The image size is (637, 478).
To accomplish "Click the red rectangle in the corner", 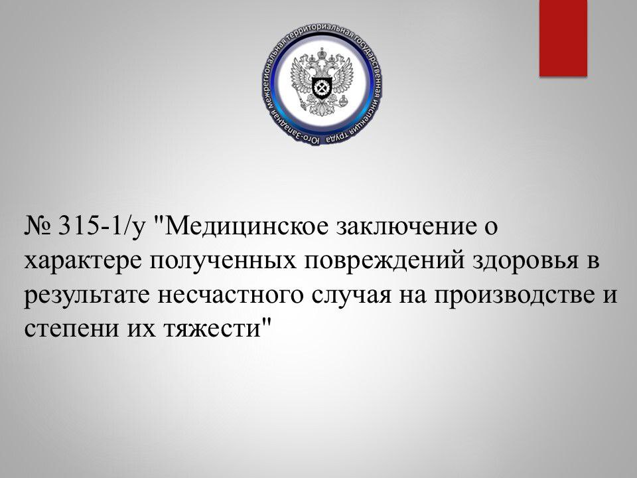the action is [563, 39].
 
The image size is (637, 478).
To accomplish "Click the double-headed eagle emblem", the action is [322, 80].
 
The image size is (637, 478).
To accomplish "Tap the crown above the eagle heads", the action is [322, 52].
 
